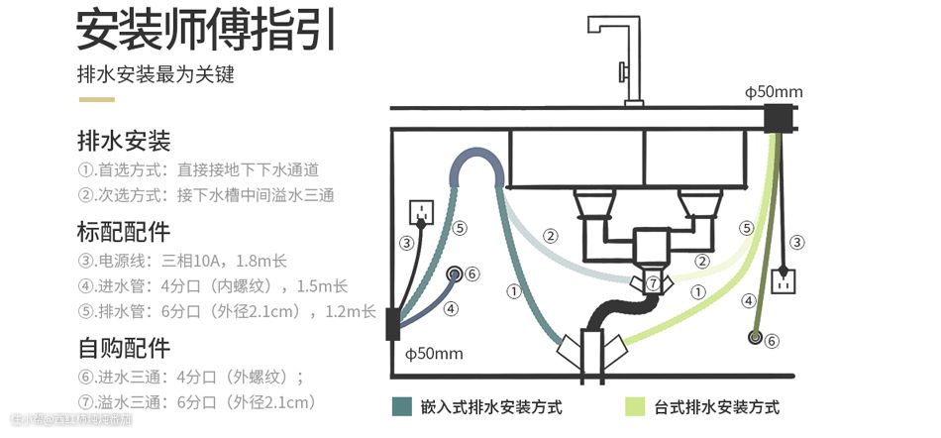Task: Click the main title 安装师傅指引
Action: [x=206, y=30]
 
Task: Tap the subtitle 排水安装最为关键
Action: [x=156, y=75]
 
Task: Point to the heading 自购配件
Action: [x=124, y=348]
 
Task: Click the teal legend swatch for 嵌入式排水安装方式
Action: [x=401, y=406]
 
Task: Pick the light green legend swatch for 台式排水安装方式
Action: [x=635, y=406]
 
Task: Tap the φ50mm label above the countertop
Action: [x=774, y=92]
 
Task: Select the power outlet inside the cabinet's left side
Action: [x=423, y=211]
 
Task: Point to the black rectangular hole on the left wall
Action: [x=392, y=323]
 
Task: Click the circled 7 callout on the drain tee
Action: [x=652, y=283]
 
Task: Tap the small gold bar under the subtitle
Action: [x=96, y=99]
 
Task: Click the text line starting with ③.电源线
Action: [x=181, y=261]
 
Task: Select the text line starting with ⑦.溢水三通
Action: [x=196, y=402]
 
